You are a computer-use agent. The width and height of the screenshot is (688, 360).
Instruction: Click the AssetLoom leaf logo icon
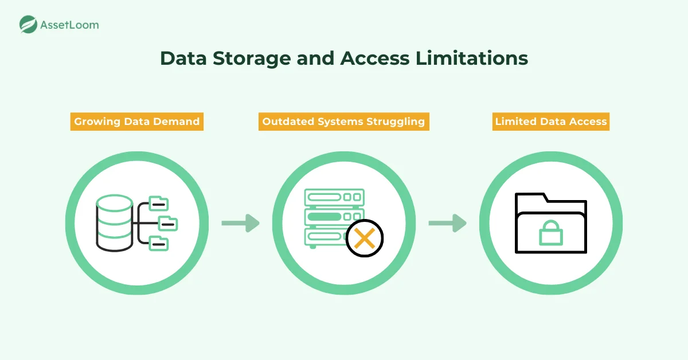(x=28, y=24)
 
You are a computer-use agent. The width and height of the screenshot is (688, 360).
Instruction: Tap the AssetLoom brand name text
(x=69, y=25)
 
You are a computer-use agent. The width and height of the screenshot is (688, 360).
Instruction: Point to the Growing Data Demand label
(x=136, y=122)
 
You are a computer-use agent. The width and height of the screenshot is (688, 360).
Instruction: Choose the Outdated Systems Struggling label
(x=344, y=122)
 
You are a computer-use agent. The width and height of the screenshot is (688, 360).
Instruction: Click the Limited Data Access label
(x=551, y=122)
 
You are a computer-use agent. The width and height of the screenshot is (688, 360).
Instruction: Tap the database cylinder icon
(x=115, y=223)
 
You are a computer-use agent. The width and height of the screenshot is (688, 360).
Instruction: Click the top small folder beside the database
(x=158, y=203)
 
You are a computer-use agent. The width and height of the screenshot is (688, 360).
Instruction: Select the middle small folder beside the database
(x=168, y=223)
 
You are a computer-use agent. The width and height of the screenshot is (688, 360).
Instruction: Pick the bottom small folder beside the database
(x=158, y=243)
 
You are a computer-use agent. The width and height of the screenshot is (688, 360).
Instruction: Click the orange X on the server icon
(x=365, y=237)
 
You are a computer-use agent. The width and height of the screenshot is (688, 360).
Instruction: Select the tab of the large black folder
(x=531, y=198)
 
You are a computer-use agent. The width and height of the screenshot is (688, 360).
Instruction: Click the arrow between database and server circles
(x=240, y=223)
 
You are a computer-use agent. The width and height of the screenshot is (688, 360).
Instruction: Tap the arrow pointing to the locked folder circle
(x=447, y=223)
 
